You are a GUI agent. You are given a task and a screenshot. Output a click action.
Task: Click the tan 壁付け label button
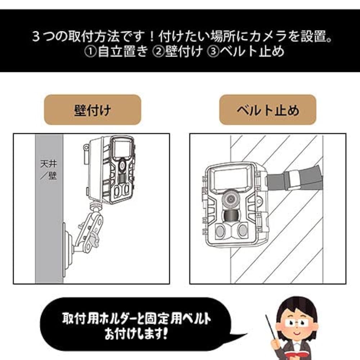(x=92, y=110)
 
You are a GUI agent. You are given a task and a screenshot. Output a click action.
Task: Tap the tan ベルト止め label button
(x=267, y=110)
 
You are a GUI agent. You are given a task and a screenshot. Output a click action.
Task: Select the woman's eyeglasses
(x=295, y=323)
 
